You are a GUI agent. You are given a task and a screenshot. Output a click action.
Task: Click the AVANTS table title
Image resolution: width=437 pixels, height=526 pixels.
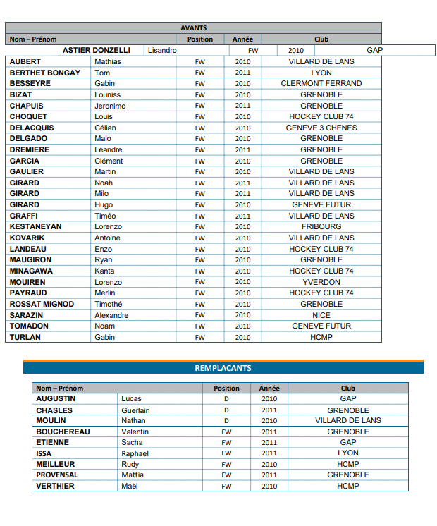pyautogui.click(x=193, y=28)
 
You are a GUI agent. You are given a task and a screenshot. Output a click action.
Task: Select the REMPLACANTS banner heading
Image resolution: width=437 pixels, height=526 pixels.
pyautogui.click(x=223, y=368)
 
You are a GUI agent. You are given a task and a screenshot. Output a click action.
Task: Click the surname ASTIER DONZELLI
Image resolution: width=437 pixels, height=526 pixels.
pyautogui.click(x=97, y=51)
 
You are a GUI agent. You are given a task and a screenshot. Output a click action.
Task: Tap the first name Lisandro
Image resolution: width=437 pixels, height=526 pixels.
pyautogui.click(x=162, y=51)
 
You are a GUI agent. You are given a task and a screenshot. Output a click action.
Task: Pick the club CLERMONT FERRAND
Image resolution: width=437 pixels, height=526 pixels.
pyautogui.click(x=321, y=83)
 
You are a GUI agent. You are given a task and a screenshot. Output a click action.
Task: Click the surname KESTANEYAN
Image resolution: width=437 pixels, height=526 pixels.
pyautogui.click(x=35, y=226)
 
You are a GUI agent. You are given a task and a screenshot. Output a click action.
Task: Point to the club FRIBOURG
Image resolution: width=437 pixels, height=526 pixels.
pyautogui.click(x=321, y=226)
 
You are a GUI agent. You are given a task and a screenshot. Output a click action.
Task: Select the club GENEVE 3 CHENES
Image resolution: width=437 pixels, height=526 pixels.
pyautogui.click(x=321, y=128)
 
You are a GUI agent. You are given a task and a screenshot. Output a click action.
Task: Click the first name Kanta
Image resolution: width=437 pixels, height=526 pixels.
pyautogui.click(x=104, y=271)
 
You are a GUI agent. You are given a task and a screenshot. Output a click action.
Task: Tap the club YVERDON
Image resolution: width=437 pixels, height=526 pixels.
pyautogui.click(x=321, y=282)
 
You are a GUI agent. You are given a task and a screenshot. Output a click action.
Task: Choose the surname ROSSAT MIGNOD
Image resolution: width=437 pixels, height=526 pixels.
pyautogui.click(x=41, y=304)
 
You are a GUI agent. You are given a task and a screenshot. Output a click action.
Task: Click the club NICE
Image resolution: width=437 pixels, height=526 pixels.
pyautogui.click(x=321, y=315)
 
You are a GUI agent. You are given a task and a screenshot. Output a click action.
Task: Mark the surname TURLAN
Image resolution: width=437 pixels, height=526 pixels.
pyautogui.click(x=25, y=337)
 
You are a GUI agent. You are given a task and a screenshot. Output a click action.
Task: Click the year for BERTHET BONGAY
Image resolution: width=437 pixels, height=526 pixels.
pyautogui.click(x=242, y=73)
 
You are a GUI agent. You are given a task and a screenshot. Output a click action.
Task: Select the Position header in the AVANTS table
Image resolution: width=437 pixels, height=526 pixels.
pyautogui.click(x=200, y=39)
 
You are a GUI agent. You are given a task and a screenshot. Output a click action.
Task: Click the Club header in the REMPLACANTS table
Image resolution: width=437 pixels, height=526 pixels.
pyautogui.click(x=347, y=388)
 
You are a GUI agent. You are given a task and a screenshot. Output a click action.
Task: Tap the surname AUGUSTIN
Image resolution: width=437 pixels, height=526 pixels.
pyautogui.click(x=56, y=398)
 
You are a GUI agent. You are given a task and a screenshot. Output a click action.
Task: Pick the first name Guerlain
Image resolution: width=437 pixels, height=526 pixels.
pyautogui.click(x=135, y=410)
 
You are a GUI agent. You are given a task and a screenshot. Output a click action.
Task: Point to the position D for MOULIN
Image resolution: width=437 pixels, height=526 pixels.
pyautogui.click(x=226, y=420)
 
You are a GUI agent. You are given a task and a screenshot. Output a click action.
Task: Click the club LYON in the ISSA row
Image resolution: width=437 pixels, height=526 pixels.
pyautogui.click(x=347, y=453)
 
